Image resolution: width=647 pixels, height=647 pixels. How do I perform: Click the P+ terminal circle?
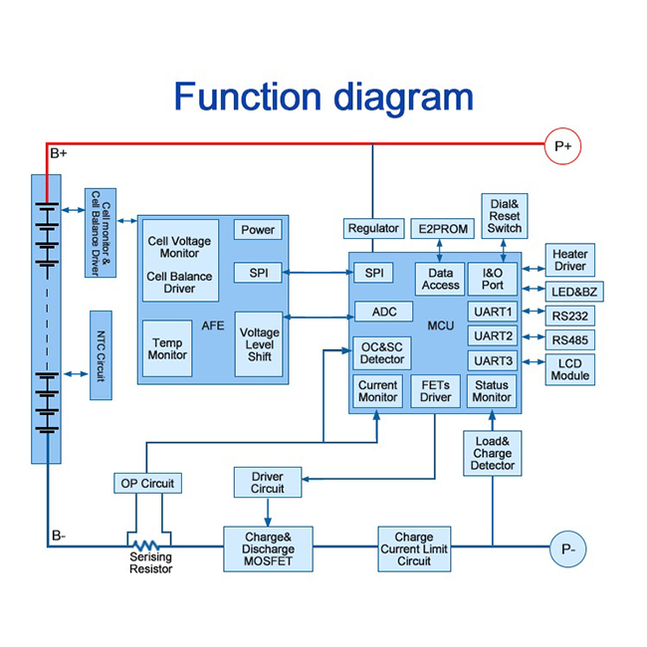click(562, 147)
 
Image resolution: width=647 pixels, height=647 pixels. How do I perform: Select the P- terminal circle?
click(568, 548)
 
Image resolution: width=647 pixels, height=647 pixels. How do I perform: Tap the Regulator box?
click(373, 229)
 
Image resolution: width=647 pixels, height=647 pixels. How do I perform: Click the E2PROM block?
click(441, 229)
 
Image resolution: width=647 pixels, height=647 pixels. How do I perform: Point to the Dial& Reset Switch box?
click(504, 216)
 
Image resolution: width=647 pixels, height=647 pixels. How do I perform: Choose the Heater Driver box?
click(570, 260)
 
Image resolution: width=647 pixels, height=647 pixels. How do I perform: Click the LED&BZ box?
click(575, 291)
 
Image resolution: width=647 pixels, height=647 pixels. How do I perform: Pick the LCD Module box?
click(569, 369)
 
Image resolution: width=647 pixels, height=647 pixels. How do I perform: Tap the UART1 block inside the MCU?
click(493, 312)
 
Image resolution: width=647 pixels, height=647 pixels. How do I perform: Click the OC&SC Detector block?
click(379, 351)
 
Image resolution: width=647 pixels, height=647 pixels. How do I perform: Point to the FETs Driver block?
click(435, 391)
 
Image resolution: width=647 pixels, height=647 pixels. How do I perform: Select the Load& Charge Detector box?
click(492, 453)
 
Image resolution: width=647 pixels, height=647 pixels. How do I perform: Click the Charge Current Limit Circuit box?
click(414, 548)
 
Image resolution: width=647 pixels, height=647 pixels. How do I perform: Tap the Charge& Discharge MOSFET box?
click(268, 549)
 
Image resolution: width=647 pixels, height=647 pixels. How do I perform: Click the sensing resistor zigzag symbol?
click(147, 545)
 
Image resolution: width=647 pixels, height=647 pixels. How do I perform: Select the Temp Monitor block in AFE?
click(167, 347)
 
